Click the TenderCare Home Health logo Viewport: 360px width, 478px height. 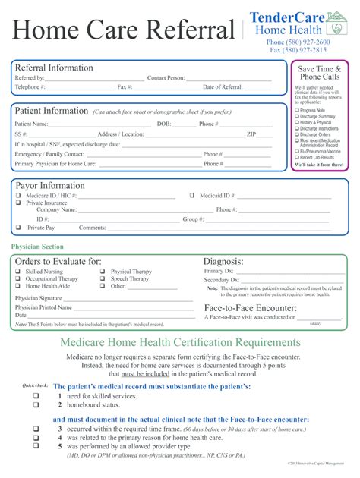pyautogui.click(x=298, y=22)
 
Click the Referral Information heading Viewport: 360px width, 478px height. pyautogui.click(x=54, y=68)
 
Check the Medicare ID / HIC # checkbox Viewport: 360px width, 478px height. pyautogui.click(x=18, y=195)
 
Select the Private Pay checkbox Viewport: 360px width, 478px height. pyautogui.click(x=18, y=228)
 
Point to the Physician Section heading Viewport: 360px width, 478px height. pyautogui.click(x=37, y=247)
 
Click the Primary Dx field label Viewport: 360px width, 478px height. pyautogui.click(x=219, y=271)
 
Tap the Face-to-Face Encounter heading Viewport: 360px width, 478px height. pyautogui.click(x=250, y=308)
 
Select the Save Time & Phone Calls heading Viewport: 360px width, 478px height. pyautogui.click(x=320, y=73)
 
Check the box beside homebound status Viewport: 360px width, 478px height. pyautogui.click(x=36, y=405)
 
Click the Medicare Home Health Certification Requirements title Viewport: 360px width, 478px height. pyautogui.click(x=180, y=343)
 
